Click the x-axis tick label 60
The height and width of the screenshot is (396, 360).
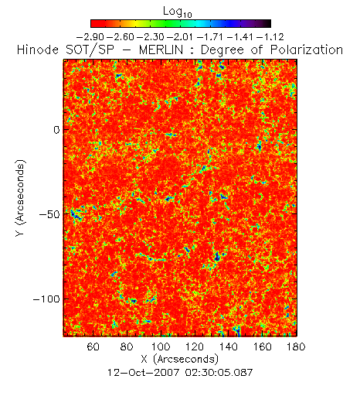pos(93,346)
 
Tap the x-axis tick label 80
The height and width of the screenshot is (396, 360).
pos(127,346)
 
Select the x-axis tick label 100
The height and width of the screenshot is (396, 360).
pos(161,346)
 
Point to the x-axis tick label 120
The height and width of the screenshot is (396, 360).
pos(195,346)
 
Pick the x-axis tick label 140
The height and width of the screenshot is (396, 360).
pos(229,346)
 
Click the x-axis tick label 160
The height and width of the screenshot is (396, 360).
pos(262,346)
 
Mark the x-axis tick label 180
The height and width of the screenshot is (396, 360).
pos(296,346)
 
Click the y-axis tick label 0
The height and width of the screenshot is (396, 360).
pos(56,130)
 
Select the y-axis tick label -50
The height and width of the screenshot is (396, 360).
pos(49,214)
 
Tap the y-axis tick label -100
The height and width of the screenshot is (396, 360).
pos(46,299)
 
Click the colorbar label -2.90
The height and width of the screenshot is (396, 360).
pos(90,37)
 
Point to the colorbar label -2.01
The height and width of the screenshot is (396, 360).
pos(180,37)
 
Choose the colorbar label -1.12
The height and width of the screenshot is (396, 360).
pos(270,37)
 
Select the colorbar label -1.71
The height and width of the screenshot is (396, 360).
pos(210,37)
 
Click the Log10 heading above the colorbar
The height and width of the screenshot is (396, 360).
pos(178,12)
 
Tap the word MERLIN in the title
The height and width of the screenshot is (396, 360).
pos(161,49)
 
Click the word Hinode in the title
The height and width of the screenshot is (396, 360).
pos(38,49)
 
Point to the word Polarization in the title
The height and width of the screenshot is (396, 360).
pos(307,49)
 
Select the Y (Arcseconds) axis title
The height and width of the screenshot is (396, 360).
pos(21,198)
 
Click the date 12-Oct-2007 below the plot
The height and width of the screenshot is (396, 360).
pos(143,372)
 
